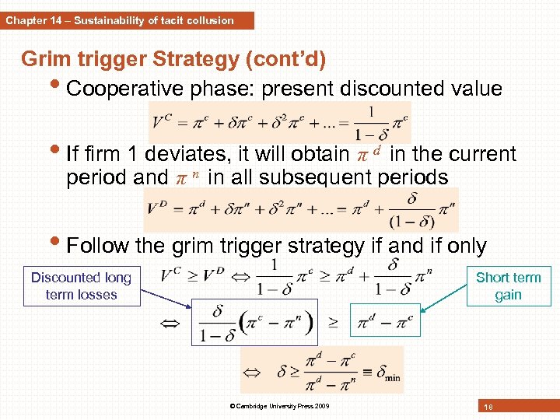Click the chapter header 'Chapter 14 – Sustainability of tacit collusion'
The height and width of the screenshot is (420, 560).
pyautogui.click(x=121, y=21)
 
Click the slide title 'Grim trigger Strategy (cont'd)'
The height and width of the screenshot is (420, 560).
pyautogui.click(x=173, y=59)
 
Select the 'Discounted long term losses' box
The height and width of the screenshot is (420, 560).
pyautogui.click(x=81, y=286)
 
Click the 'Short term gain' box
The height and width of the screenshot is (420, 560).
pyautogui.click(x=508, y=286)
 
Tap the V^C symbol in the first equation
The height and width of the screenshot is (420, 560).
pyautogui.click(x=163, y=122)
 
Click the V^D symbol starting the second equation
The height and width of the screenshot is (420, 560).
pyautogui.click(x=158, y=206)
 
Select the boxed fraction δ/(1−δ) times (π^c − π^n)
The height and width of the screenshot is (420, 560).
pyautogui.click(x=254, y=322)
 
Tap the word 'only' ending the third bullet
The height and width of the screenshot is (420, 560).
pyautogui.click(x=464, y=247)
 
